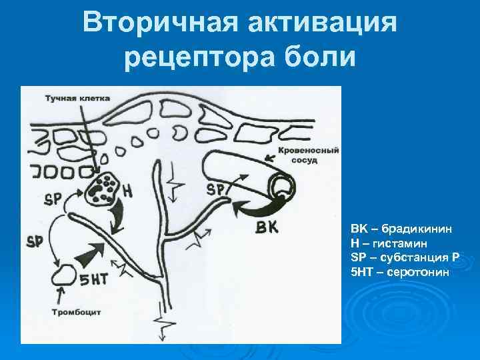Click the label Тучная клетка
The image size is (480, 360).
77,99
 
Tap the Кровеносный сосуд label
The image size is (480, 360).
308,155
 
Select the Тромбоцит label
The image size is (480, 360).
76,313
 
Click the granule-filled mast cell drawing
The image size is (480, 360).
103,187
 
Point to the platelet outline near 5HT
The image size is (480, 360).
64,275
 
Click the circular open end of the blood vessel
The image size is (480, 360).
282,185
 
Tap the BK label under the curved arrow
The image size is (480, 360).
267,227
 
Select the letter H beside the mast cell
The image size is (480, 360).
127,191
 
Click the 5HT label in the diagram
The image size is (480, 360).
94,279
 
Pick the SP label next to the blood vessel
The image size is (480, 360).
215,190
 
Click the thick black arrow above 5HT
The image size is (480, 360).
90,254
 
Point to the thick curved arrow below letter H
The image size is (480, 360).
118,216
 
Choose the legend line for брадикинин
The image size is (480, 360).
401,229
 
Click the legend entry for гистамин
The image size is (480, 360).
389,244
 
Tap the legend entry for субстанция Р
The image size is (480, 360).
405,258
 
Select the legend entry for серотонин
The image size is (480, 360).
400,272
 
